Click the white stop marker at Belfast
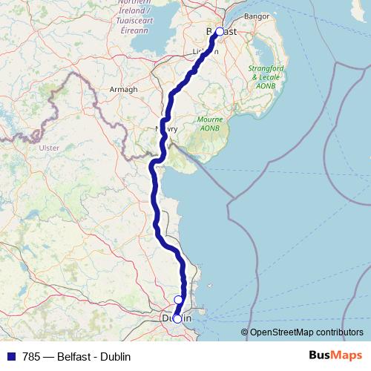point(220,32)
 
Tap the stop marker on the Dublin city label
point(177,318)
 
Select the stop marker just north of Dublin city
point(178,300)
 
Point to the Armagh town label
point(125,89)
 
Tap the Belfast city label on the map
point(221,32)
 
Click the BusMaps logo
point(337,355)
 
